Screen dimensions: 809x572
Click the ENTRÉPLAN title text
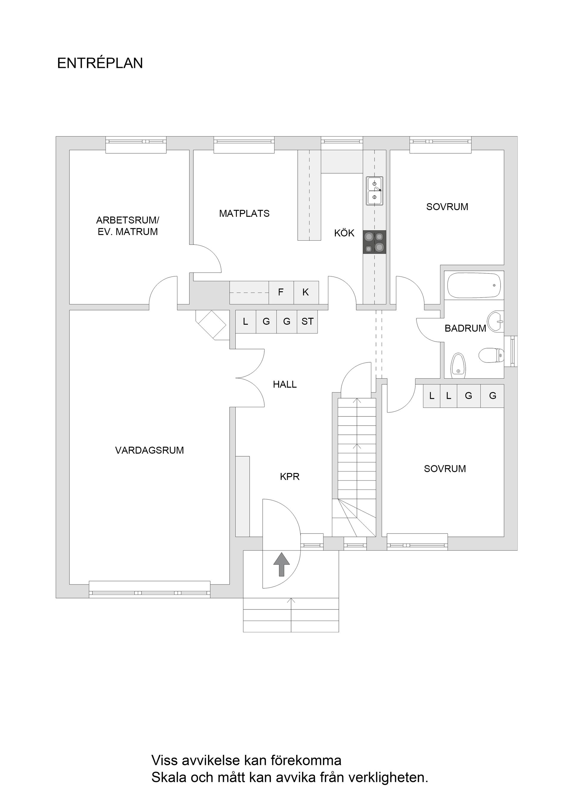[x=100, y=63]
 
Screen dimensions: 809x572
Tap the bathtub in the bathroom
[x=474, y=285]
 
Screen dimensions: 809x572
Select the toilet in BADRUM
[x=491, y=355]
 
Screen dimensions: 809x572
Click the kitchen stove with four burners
[x=374, y=242]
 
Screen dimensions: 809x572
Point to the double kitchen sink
[x=374, y=191]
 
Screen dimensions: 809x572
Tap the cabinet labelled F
[x=281, y=293]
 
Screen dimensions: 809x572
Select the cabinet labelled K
[x=306, y=293]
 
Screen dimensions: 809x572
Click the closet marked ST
[x=307, y=321]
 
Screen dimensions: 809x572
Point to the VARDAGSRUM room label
[x=150, y=450]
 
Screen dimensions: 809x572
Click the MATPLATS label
[x=244, y=214]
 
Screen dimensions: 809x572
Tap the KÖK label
[x=344, y=233]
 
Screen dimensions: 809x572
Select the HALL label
[x=285, y=385]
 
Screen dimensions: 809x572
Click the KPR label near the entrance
[x=290, y=477]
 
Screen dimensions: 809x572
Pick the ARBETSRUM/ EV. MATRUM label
[x=128, y=226]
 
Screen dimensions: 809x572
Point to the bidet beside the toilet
[x=458, y=365]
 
